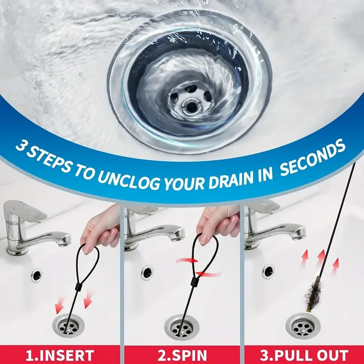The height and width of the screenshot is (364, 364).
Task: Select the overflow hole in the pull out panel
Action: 268,272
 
